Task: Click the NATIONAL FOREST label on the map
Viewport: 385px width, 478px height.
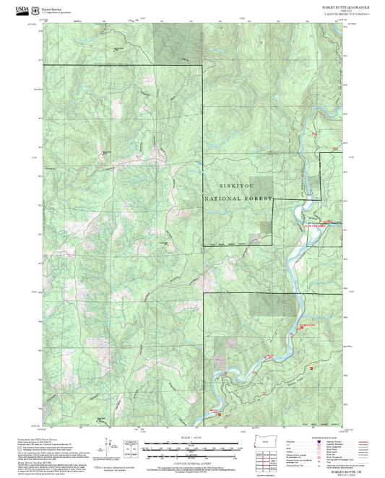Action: click(x=238, y=199)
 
